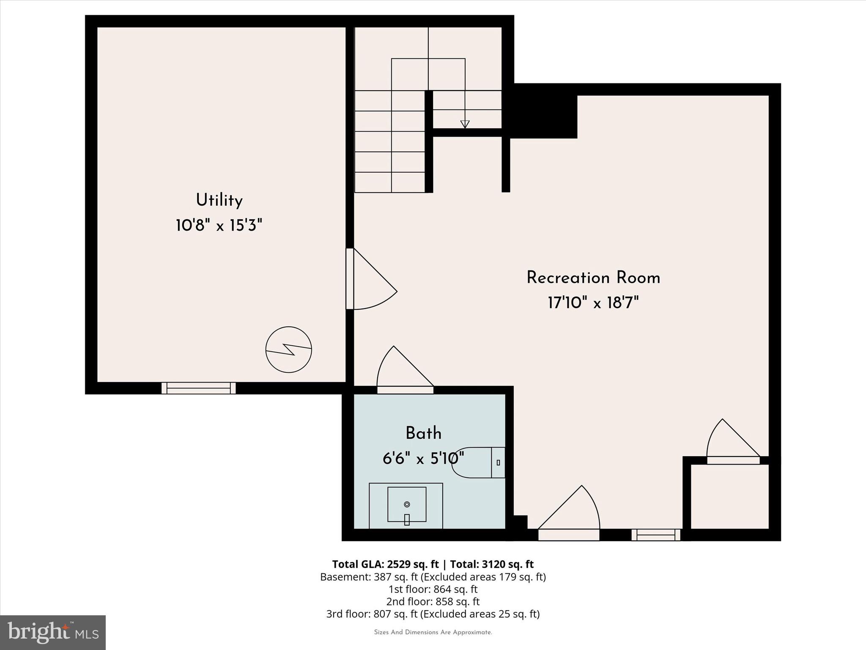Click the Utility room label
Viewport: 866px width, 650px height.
pyautogui.click(x=219, y=200)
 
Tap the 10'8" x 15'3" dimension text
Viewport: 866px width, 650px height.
pyautogui.click(x=219, y=226)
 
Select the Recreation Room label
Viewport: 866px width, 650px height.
pyautogui.click(x=593, y=278)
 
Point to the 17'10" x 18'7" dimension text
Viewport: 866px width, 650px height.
pyautogui.click(x=593, y=303)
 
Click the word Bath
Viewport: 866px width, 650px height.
pyautogui.click(x=423, y=433)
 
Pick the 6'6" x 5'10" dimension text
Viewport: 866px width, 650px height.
pyautogui.click(x=423, y=458)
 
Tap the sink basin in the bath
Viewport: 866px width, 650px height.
pyautogui.click(x=407, y=504)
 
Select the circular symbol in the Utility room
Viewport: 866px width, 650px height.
pyautogui.click(x=289, y=350)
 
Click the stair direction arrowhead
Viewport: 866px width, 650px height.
pyautogui.click(x=465, y=124)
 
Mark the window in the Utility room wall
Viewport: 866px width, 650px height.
pyautogui.click(x=198, y=388)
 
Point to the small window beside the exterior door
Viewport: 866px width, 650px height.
pyautogui.click(x=656, y=535)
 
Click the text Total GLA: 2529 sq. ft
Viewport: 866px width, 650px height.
pyautogui.click(x=385, y=564)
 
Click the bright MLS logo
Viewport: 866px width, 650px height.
pyautogui.click(x=53, y=633)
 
